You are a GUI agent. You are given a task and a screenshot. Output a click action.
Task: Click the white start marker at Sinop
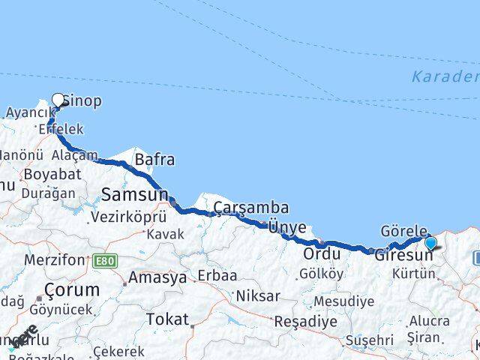pyautogui.click(x=58, y=98)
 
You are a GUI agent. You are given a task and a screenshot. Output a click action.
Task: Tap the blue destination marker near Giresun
pyautogui.click(x=430, y=243)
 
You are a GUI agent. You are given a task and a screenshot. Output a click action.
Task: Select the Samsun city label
pyautogui.click(x=135, y=195)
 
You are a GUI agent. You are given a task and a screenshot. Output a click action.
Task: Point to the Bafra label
pyautogui.click(x=154, y=160)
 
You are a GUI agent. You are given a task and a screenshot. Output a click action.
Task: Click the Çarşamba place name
pyautogui.click(x=251, y=208)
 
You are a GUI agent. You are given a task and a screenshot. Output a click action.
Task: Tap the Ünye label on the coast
pyautogui.click(x=287, y=227)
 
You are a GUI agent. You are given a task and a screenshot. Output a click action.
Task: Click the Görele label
pyautogui.click(x=403, y=231)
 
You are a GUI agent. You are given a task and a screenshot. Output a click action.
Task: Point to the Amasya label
pyautogui.click(x=157, y=277)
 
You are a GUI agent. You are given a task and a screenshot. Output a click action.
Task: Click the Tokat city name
pyautogui.click(x=167, y=319)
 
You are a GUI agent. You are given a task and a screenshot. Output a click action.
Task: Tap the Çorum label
pyautogui.click(x=72, y=289)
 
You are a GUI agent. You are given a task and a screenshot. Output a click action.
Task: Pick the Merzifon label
pyautogui.click(x=54, y=260)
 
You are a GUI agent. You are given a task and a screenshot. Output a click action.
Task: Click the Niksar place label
pyautogui.click(x=258, y=296)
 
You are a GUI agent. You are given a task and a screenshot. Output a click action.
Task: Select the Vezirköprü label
pyautogui.click(x=127, y=217)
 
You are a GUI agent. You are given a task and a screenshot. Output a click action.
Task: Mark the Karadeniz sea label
pyautogui.click(x=445, y=76)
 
